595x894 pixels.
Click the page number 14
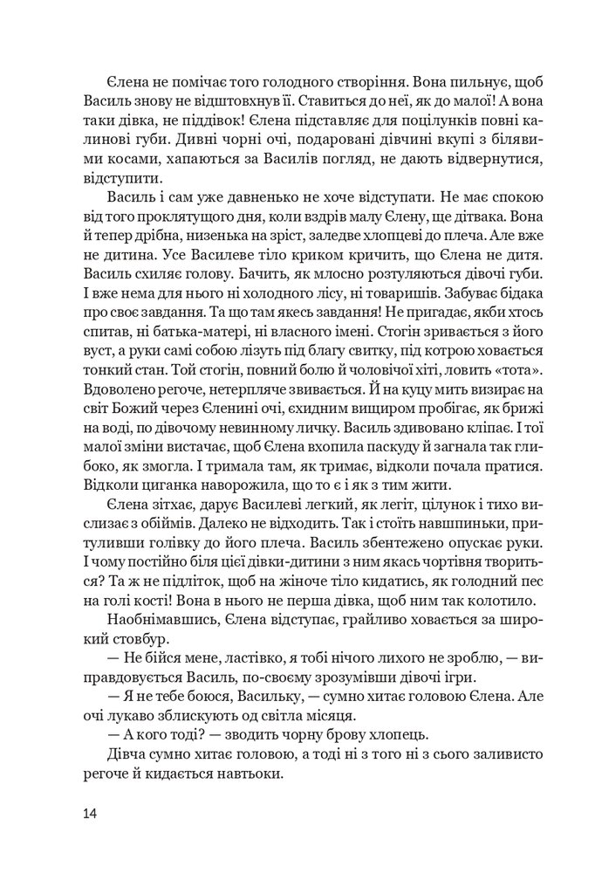[x=91, y=814]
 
